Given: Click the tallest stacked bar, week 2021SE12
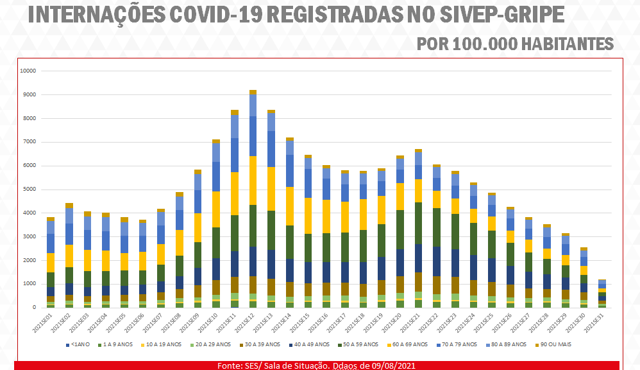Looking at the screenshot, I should coord(253,199).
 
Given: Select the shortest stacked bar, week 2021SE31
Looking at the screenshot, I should coord(603,294).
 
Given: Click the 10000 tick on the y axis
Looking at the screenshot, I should coord(28,71).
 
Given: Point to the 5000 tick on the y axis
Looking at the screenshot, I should coord(29,189).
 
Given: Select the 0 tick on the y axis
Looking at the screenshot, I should coord(35,308).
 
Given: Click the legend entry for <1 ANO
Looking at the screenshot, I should coord(80,345).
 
